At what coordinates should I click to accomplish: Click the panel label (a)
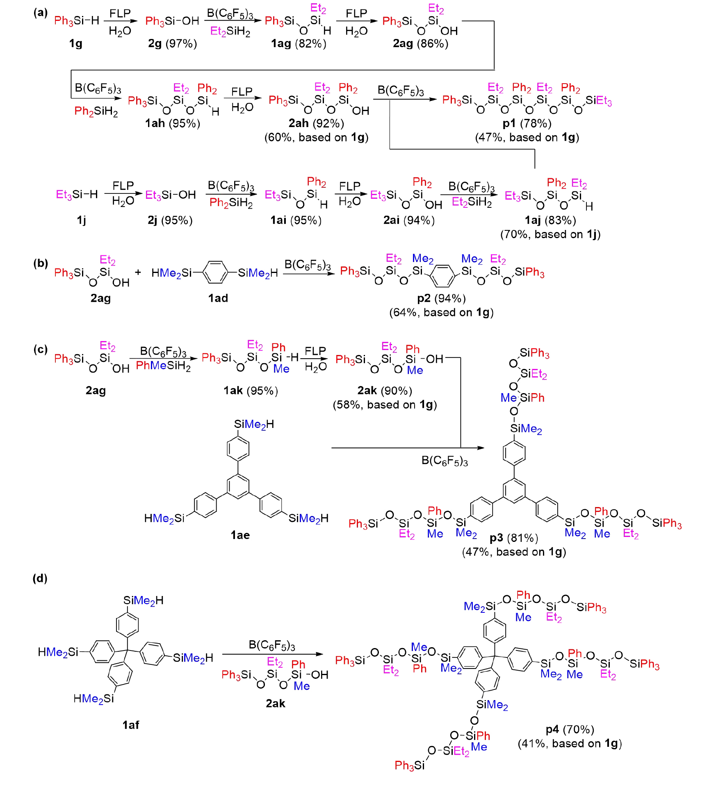pyautogui.click(x=41, y=13)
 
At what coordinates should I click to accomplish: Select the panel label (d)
pyautogui.click(x=40, y=578)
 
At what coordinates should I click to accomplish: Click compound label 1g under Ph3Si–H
pyautogui.click(x=76, y=43)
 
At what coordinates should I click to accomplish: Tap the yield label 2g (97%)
pyautogui.click(x=173, y=43)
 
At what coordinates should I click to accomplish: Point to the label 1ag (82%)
pyautogui.click(x=299, y=43)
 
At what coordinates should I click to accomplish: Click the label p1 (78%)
pyautogui.click(x=527, y=123)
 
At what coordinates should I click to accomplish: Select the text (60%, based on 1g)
pyautogui.click(x=316, y=137)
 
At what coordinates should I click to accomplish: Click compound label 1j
pyautogui.click(x=81, y=221)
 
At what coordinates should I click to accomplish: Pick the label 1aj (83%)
pyautogui.click(x=550, y=221)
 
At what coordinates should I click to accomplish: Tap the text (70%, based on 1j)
pyautogui.click(x=550, y=234)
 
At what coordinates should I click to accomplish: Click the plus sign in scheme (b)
pyautogui.click(x=138, y=272)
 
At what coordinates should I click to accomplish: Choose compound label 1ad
pyautogui.click(x=218, y=298)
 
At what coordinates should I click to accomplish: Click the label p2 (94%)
pyautogui.click(x=441, y=298)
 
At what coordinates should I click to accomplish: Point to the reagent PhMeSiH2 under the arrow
pyautogui.click(x=163, y=366)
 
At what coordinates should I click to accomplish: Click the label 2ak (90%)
pyautogui.click(x=385, y=391)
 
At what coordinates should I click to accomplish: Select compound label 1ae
pyautogui.click(x=240, y=535)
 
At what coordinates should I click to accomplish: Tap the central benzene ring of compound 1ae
pyautogui.click(x=238, y=486)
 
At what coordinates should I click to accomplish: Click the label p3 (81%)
pyautogui.click(x=514, y=538)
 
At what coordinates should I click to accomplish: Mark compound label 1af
pyautogui.click(x=131, y=725)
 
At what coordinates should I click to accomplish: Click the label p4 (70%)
pyautogui.click(x=570, y=730)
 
